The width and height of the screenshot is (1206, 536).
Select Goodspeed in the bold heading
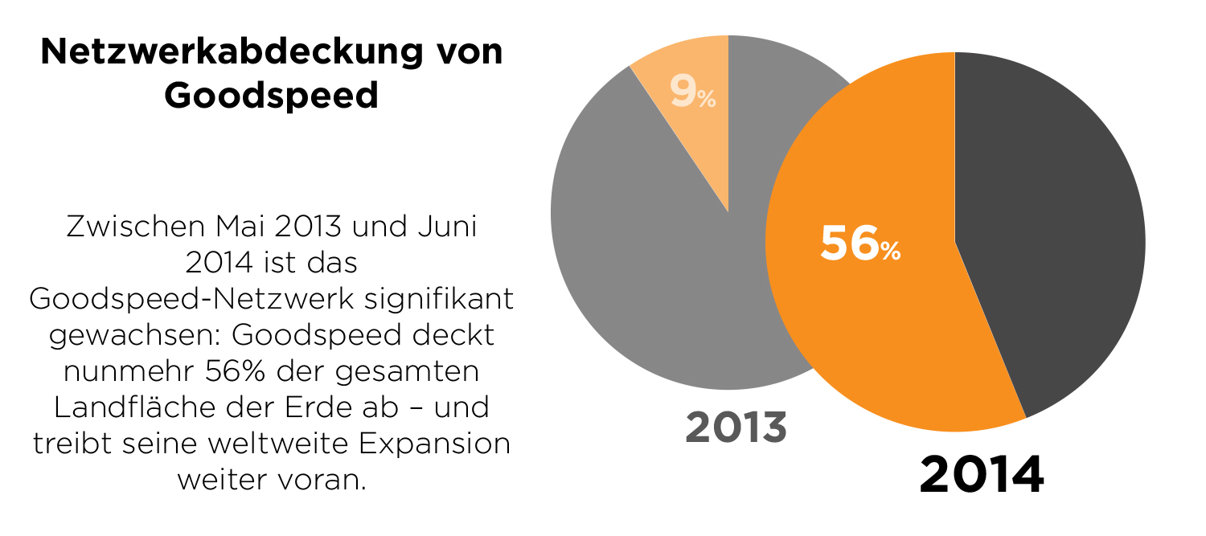click(272, 96)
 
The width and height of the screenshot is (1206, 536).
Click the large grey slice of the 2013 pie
click(643, 265)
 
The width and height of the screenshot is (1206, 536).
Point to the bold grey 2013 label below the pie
click(736, 428)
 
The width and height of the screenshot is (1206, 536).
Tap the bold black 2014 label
click(981, 475)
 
